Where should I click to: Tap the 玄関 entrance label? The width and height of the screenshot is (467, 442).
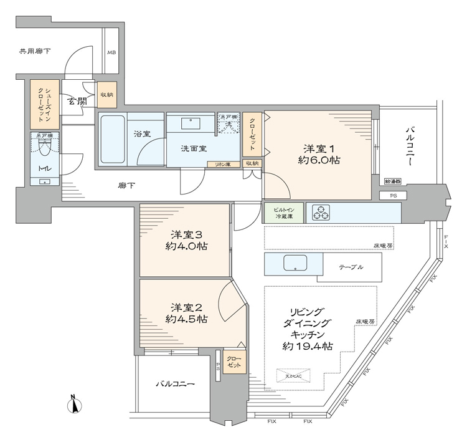click(77, 102)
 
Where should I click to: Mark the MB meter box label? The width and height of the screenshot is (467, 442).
click(111, 53)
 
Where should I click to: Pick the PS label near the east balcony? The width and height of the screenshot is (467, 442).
click(394, 195)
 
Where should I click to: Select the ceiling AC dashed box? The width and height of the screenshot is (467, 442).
click(293, 376)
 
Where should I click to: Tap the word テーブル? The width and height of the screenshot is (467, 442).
click(351, 267)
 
